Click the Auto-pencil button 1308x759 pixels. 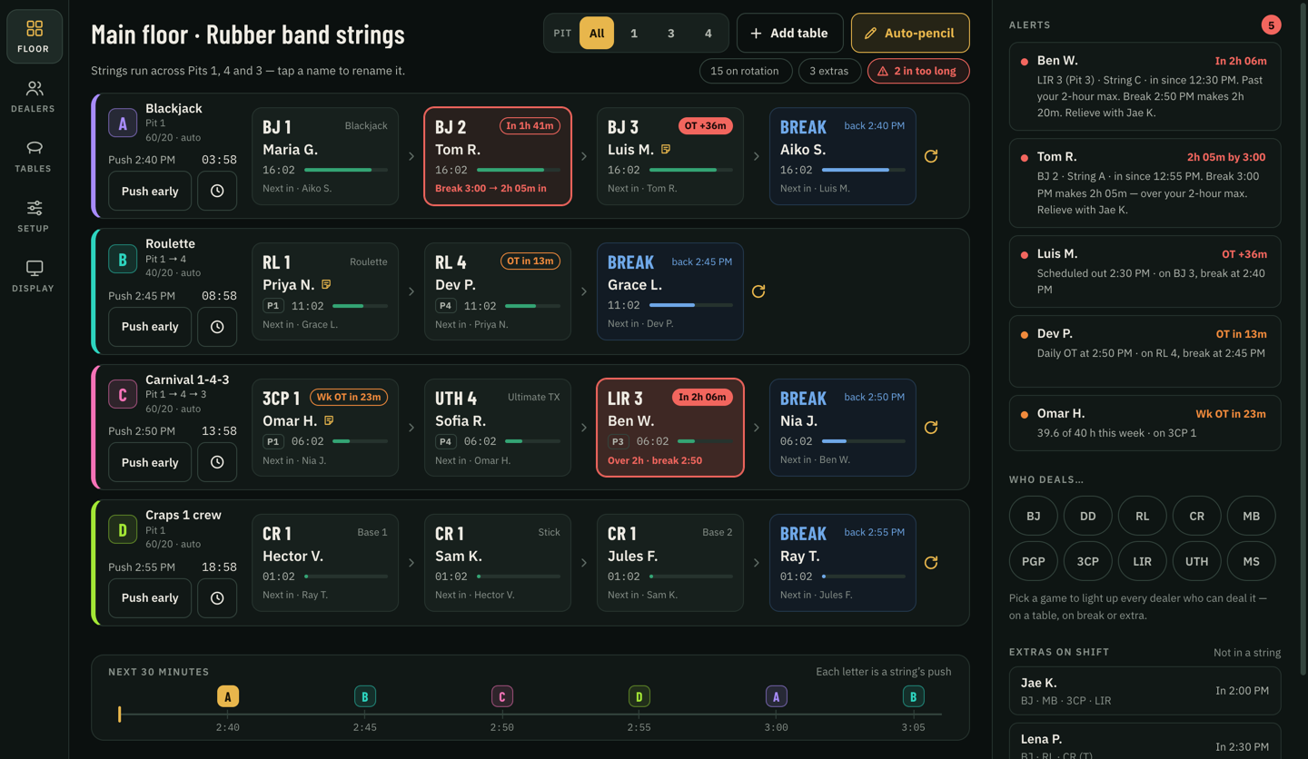point(910,33)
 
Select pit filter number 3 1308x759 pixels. point(671,33)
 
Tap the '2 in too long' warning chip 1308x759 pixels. point(918,71)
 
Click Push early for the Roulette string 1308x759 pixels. point(150,326)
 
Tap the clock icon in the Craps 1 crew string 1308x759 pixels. point(216,598)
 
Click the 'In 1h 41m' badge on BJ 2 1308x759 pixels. point(530,125)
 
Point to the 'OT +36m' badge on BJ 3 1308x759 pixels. point(705,125)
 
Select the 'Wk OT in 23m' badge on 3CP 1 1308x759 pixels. point(349,397)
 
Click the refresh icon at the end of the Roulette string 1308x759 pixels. point(758,291)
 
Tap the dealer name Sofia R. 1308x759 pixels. point(461,420)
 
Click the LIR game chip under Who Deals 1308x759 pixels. point(1142,561)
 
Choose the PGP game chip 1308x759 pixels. point(1033,561)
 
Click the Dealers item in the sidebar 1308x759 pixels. point(34,97)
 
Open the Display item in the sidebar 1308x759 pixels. point(34,276)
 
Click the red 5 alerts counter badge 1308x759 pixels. point(1271,25)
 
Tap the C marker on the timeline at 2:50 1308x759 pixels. point(502,696)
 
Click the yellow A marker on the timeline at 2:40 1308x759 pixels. point(228,696)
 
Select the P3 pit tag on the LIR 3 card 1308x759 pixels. point(618,441)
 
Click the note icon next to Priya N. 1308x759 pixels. point(326,284)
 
